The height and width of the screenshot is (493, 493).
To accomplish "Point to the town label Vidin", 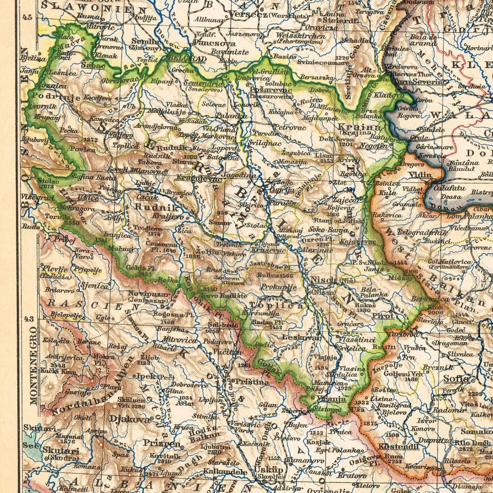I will (421, 175).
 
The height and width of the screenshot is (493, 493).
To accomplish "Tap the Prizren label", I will (162, 444).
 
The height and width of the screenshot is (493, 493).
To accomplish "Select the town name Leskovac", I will (302, 337).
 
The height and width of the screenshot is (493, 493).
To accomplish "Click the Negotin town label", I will (374, 146).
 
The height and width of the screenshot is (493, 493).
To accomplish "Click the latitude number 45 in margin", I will (27, 17).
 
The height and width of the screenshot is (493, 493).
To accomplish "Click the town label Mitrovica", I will (180, 339).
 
